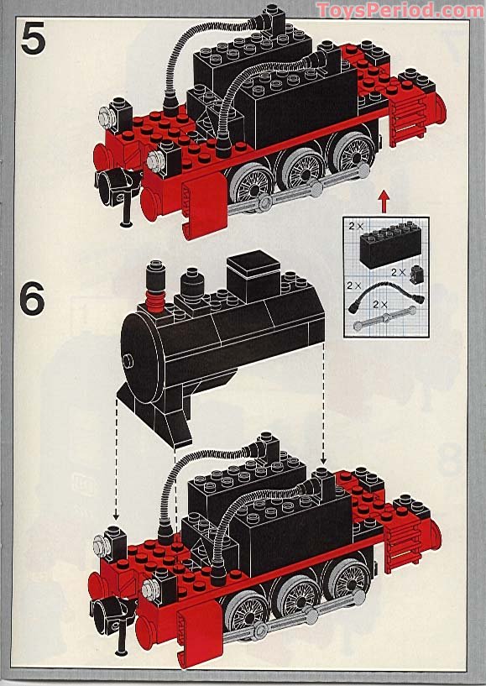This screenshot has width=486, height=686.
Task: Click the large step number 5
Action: click(34, 39)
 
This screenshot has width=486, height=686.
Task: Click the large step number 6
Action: click(33, 300)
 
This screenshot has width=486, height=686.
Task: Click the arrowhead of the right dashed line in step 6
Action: click(323, 461)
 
